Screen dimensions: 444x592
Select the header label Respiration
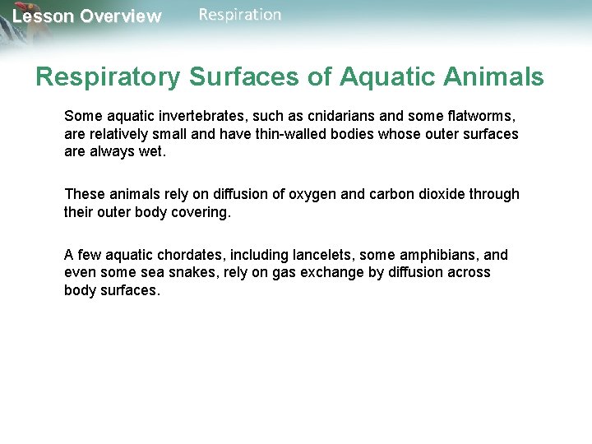click(x=239, y=15)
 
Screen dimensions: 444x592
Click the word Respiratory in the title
click(x=108, y=77)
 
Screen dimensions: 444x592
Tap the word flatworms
click(x=480, y=116)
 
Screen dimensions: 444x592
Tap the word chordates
click(x=175, y=255)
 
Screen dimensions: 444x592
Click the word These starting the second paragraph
click(x=85, y=194)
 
